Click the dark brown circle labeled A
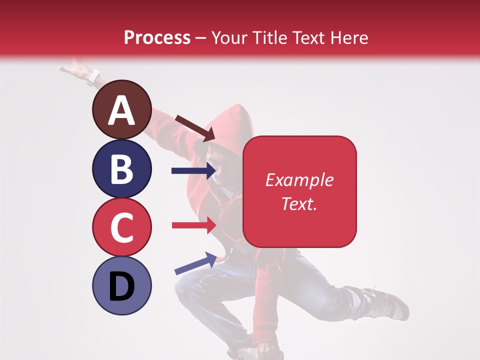pos(121,109)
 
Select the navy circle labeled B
pos(121,168)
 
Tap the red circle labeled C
pos(121,227)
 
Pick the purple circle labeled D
pos(121,285)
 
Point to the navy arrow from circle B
pos(193,171)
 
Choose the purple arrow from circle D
pos(195,263)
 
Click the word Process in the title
pos(157,37)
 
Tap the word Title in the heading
pos(267,37)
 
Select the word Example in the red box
pos(299,180)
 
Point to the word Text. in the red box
pos(299,203)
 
